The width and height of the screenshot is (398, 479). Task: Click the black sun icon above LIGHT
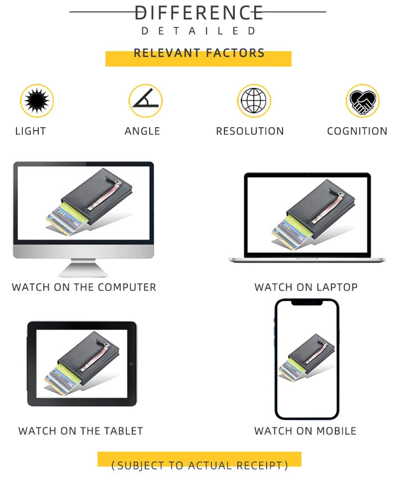(37, 100)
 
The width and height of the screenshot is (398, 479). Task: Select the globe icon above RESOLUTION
(254, 100)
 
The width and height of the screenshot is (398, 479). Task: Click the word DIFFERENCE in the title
(199, 13)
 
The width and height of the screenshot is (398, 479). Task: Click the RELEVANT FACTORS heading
(199, 53)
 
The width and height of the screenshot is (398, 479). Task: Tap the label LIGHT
(30, 131)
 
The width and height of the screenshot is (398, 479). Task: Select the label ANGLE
(142, 131)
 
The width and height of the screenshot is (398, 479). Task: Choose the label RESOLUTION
(250, 131)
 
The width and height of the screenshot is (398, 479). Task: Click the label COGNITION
(357, 131)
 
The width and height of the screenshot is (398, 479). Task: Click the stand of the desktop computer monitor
(83, 268)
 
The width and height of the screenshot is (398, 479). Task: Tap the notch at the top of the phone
(307, 303)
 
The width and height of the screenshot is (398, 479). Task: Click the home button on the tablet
(131, 364)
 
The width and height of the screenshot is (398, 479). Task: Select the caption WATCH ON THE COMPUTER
(84, 287)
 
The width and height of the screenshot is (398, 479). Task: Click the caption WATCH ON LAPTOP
(306, 287)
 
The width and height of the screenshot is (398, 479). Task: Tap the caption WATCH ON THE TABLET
(81, 431)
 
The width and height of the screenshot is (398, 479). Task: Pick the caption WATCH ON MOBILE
(305, 431)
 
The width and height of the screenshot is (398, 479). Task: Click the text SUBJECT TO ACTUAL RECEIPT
(199, 466)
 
